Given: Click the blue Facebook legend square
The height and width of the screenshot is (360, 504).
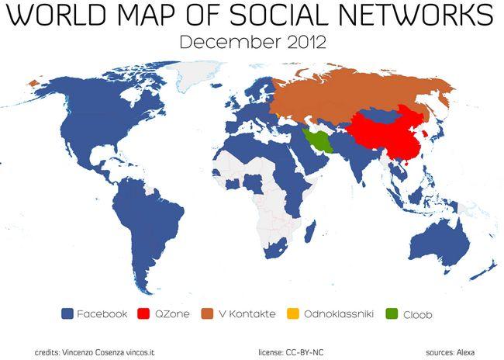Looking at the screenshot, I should tap(67, 314).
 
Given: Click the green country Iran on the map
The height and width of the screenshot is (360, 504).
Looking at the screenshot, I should tap(318, 140).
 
